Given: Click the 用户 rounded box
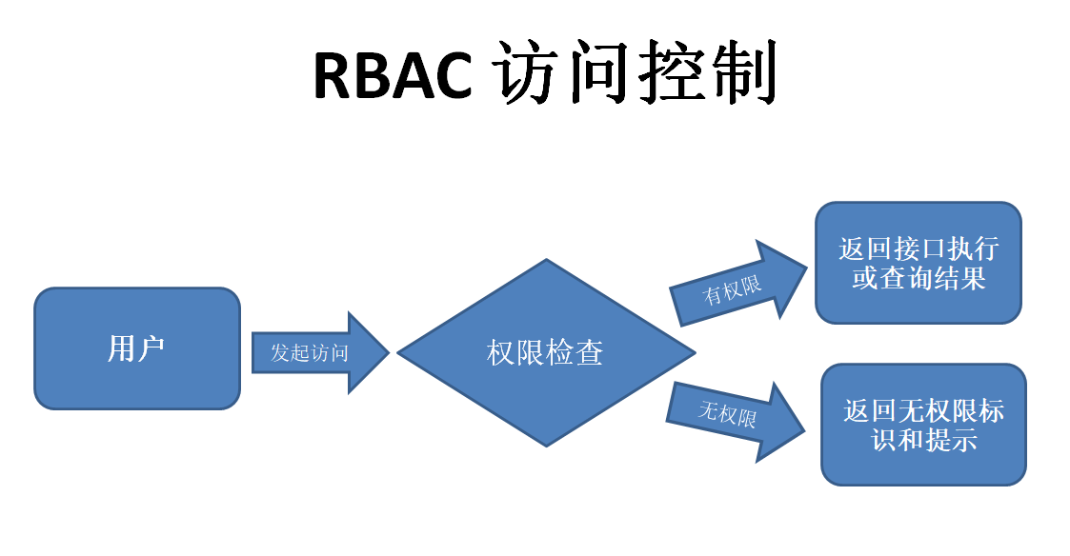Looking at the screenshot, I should tap(137, 348).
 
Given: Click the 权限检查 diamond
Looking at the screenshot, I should tap(545, 352).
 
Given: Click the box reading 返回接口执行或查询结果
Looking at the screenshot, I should tap(919, 263).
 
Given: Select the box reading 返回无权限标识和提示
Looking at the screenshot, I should tap(923, 425).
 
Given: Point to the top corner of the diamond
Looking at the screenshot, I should tap(546, 260).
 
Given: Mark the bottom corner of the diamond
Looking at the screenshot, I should tap(546, 446).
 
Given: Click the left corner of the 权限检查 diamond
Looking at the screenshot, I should tap(398, 352).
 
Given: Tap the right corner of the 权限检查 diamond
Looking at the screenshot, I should tap(695, 352).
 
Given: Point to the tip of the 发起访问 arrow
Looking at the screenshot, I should tap(389, 352).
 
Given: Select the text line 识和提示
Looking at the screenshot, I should tap(924, 441).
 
